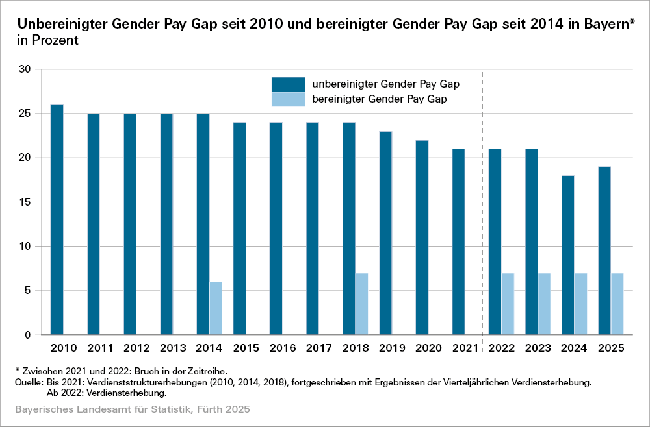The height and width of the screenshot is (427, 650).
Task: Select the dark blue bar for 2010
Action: click(57, 220)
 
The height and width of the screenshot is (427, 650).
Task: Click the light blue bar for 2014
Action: click(215, 308)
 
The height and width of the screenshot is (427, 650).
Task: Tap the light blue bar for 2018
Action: click(361, 304)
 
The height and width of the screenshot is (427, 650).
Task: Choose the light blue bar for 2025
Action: click(617, 304)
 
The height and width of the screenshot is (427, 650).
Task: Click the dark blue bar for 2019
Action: click(385, 233)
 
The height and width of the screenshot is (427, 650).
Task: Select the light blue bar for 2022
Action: click(508, 304)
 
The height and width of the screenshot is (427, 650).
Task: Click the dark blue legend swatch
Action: click(288, 84)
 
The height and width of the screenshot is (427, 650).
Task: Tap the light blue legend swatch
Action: click(288, 99)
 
